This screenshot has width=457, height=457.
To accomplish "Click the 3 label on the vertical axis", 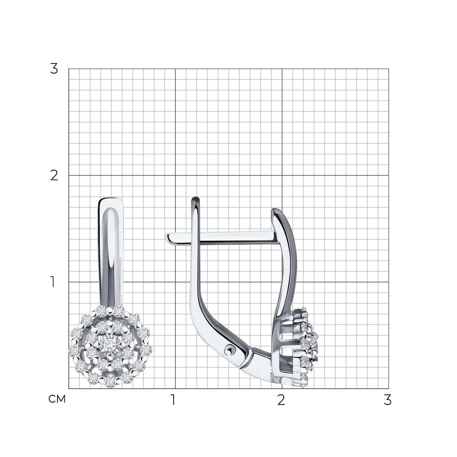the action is pyautogui.click(x=54, y=69).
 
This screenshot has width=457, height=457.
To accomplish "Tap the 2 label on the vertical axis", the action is pyautogui.click(x=54, y=175).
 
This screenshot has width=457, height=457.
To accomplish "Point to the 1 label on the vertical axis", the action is pyautogui.click(x=53, y=282).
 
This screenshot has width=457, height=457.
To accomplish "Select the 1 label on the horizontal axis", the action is pyautogui.click(x=173, y=400).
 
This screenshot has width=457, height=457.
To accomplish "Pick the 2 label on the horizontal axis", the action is pyautogui.click(x=281, y=400).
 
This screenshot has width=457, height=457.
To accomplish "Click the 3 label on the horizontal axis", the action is pyautogui.click(x=388, y=400).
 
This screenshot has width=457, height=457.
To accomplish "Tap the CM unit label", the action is pyautogui.click(x=57, y=399).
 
